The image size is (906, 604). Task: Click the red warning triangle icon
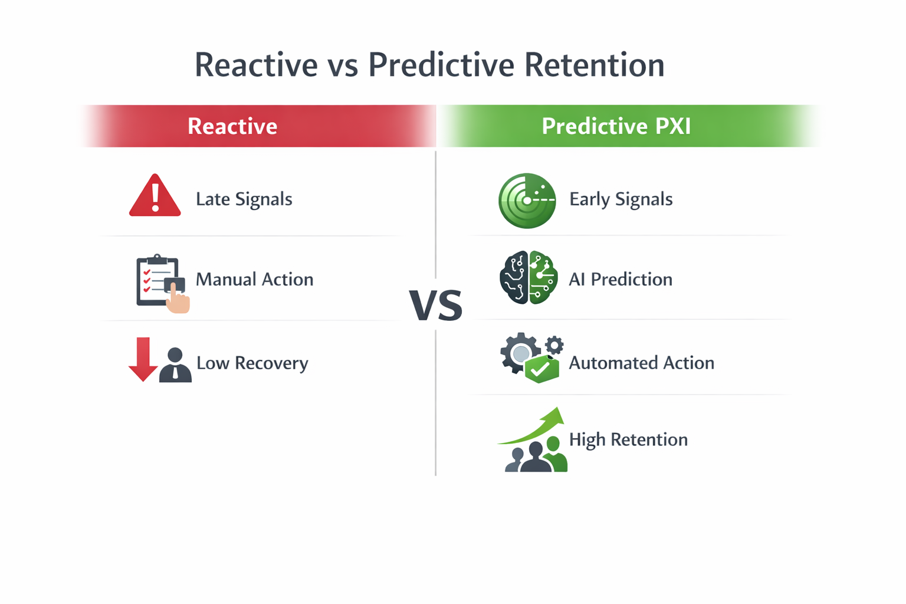tap(155, 197)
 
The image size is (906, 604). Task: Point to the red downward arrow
tap(143, 359)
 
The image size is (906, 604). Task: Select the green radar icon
tap(527, 201)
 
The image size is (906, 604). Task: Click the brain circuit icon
tap(528, 277)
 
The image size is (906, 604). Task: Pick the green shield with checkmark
tap(541, 369)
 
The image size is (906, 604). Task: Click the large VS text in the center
tap(436, 306)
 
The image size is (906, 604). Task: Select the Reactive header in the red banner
tap(232, 126)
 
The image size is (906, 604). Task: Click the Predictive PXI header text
tap(616, 126)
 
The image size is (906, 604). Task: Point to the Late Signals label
tap(244, 199)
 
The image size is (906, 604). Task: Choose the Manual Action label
tap(254, 279)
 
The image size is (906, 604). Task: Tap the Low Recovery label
tap(252, 363)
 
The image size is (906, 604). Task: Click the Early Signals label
tap(621, 199)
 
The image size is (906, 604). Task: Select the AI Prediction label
tap(620, 279)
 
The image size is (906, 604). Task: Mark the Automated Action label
tap(641, 363)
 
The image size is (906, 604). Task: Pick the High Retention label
tap(628, 439)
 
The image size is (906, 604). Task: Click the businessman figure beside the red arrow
tap(175, 366)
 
